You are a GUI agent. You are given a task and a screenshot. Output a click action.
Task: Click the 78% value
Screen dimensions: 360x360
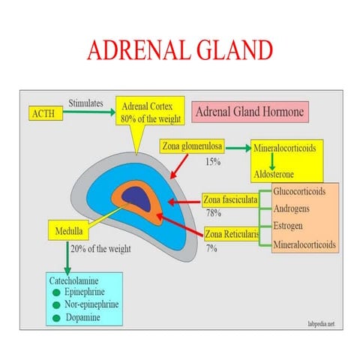coord(213,214)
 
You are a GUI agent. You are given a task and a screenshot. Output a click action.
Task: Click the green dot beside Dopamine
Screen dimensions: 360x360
coord(57,319)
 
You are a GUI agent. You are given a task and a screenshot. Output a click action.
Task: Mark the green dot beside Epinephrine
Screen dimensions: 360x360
coord(57,292)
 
